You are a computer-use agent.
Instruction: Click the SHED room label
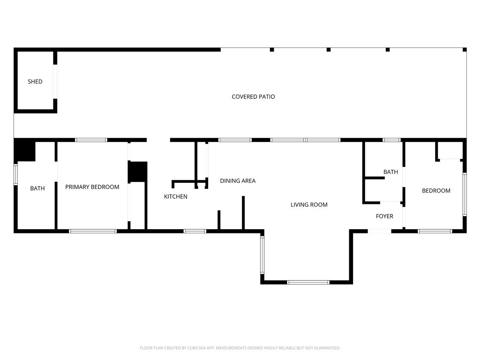[x=35, y=82]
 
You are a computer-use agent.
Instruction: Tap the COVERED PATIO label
[x=253, y=97]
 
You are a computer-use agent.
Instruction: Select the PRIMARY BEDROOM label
[x=92, y=187]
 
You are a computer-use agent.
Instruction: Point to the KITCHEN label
[x=175, y=196]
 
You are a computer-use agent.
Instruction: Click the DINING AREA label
[x=238, y=180]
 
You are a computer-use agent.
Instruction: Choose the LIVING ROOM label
[x=309, y=204]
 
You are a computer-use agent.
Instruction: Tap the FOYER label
[x=384, y=216]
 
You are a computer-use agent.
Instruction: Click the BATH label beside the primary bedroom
[x=37, y=188]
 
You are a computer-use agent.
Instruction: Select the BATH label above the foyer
[x=390, y=172]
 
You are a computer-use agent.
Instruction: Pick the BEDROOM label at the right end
[x=436, y=190]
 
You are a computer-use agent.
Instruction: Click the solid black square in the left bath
[x=25, y=150]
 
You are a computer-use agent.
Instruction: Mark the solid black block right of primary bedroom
[x=138, y=172]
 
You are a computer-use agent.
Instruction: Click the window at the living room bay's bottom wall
[x=308, y=282]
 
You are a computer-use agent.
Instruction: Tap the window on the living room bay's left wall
[x=262, y=255]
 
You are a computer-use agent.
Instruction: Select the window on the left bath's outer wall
[x=15, y=174]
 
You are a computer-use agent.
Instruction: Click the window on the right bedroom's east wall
[x=465, y=194]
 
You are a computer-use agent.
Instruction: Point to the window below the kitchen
[x=195, y=231]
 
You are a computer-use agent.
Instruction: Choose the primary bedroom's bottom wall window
[x=93, y=231]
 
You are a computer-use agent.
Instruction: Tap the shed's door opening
[x=55, y=82]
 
